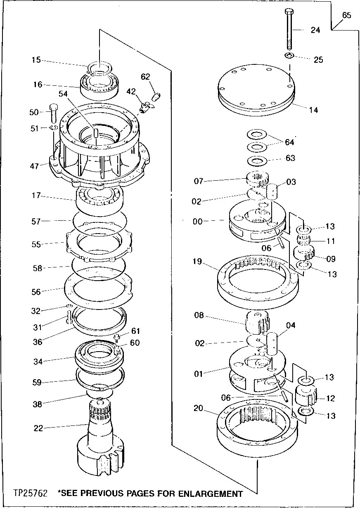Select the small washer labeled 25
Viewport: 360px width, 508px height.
click(x=289, y=56)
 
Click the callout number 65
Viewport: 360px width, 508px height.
click(x=347, y=16)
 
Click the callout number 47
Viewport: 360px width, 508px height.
click(x=34, y=166)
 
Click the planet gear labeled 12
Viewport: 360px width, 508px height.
click(x=306, y=398)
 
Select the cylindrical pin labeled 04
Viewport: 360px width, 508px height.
click(x=273, y=344)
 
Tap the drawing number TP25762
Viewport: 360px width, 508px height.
click(x=30, y=494)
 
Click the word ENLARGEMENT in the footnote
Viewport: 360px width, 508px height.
click(x=205, y=494)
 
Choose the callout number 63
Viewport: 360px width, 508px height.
click(x=291, y=158)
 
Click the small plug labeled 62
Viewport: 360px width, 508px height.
click(x=156, y=97)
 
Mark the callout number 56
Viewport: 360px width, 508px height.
click(x=36, y=292)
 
